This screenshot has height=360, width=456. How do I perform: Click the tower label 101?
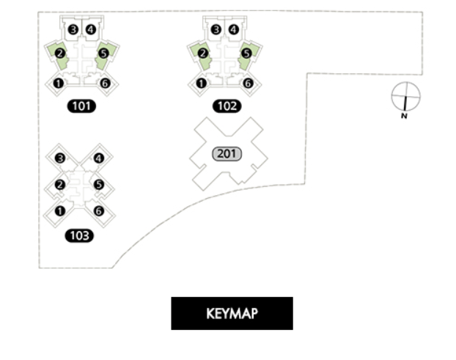pyautogui.click(x=81, y=106)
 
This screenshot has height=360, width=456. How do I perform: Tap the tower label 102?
pyautogui.click(x=227, y=106)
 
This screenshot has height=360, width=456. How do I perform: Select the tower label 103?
pyautogui.click(x=79, y=235)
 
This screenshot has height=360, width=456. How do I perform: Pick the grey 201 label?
pyautogui.click(x=227, y=154)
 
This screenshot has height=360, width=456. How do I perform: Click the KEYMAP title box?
pyautogui.click(x=232, y=314)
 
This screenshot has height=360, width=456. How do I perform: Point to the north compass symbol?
pyautogui.click(x=405, y=96)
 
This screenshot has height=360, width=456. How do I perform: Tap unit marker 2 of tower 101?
pyautogui.click(x=60, y=54)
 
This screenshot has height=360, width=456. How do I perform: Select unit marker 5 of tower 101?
pyautogui.click(x=103, y=54)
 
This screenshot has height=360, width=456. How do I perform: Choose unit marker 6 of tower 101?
pyautogui.click(x=105, y=83)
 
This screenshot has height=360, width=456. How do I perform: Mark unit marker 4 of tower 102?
pyautogui.click(x=233, y=30)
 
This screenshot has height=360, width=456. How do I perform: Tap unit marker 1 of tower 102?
pyautogui.click(x=202, y=83)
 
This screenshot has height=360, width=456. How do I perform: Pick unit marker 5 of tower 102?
pyautogui.click(x=246, y=54)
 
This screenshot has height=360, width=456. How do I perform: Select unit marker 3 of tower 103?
pyautogui.click(x=60, y=158)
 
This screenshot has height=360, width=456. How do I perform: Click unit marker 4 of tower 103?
pyautogui.click(x=99, y=158)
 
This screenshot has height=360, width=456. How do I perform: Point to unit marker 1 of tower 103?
pyautogui.click(x=60, y=211)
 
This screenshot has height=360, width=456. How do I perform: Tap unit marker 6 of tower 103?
pyautogui.click(x=99, y=211)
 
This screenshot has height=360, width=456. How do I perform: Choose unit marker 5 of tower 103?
pyautogui.click(x=99, y=185)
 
